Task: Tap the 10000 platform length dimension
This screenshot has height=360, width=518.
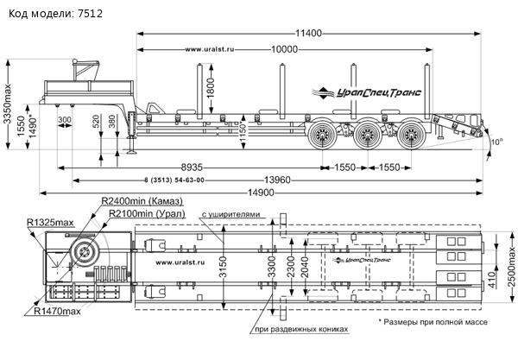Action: point(286,49)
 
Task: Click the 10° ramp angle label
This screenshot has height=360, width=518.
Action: point(496,142)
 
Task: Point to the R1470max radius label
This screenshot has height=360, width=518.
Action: point(59,312)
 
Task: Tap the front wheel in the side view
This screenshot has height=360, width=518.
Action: point(324,135)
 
